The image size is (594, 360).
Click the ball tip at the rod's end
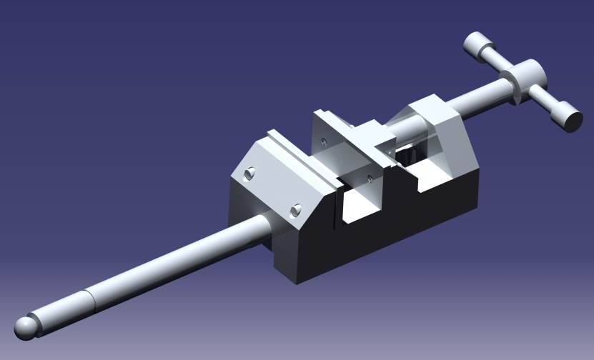tap(26, 328)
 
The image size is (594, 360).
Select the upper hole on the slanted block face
tap(249, 173)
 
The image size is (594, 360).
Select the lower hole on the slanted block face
tap(295, 210)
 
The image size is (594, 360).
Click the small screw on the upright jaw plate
tap(325, 141)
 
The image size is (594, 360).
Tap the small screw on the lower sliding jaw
tap(369, 178)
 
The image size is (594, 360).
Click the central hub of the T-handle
tap(523, 78)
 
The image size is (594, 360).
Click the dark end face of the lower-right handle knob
tap(573, 118)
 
